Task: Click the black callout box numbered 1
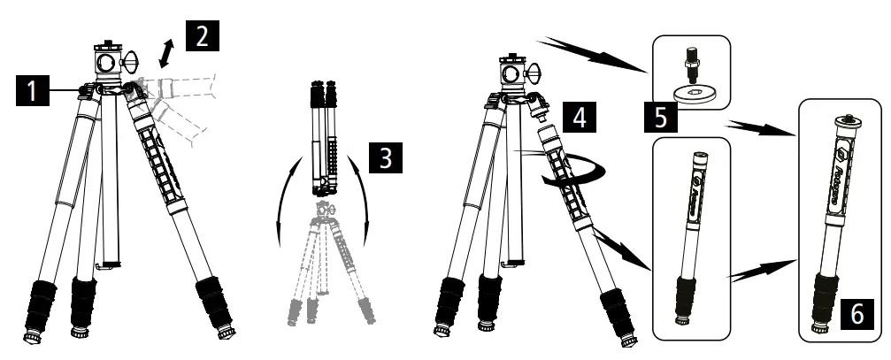click(x=31, y=91)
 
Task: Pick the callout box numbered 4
click(x=578, y=115)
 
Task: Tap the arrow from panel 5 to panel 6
click(x=761, y=125)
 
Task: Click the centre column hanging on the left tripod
click(x=111, y=186)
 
